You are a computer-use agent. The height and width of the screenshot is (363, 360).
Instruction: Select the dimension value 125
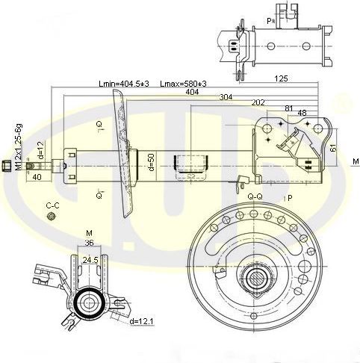click(281, 78)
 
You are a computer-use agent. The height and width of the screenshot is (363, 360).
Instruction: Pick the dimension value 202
click(258, 103)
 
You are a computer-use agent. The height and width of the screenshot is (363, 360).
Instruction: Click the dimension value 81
click(288, 108)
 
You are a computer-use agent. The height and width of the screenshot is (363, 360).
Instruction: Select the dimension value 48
click(302, 114)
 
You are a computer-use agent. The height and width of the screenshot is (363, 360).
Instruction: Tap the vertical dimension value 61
click(333, 147)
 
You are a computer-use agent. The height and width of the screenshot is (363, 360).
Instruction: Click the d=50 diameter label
click(150, 162)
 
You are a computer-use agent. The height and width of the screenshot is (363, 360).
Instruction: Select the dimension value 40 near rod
click(37, 178)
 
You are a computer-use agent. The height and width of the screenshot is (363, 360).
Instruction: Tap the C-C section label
click(52, 205)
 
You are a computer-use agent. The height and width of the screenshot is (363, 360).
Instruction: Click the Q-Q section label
click(255, 196)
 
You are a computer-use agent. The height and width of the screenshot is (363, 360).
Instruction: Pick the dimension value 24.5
click(90, 260)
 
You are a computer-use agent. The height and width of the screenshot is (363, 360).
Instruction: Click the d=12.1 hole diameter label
click(142, 321)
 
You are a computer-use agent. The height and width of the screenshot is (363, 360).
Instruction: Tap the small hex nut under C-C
click(52, 217)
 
